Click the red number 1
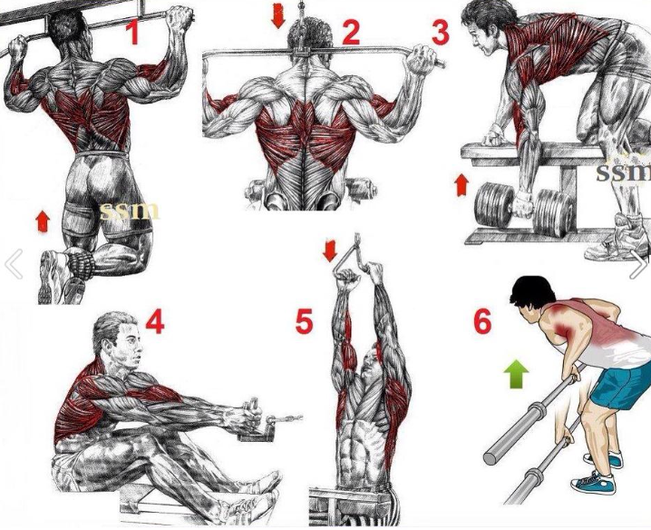(x=133, y=32)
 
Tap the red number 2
(x=351, y=32)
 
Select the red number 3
(x=441, y=32)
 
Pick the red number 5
(x=304, y=321)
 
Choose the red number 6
(x=482, y=321)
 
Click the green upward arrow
(x=516, y=374)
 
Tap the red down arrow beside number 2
(x=278, y=16)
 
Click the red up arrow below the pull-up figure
(x=43, y=221)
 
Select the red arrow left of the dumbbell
(x=462, y=185)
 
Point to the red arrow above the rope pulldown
(x=330, y=250)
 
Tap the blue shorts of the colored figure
(x=618, y=385)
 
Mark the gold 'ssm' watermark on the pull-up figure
(x=130, y=211)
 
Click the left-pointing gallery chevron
(x=15, y=264)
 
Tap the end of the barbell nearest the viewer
(x=491, y=457)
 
